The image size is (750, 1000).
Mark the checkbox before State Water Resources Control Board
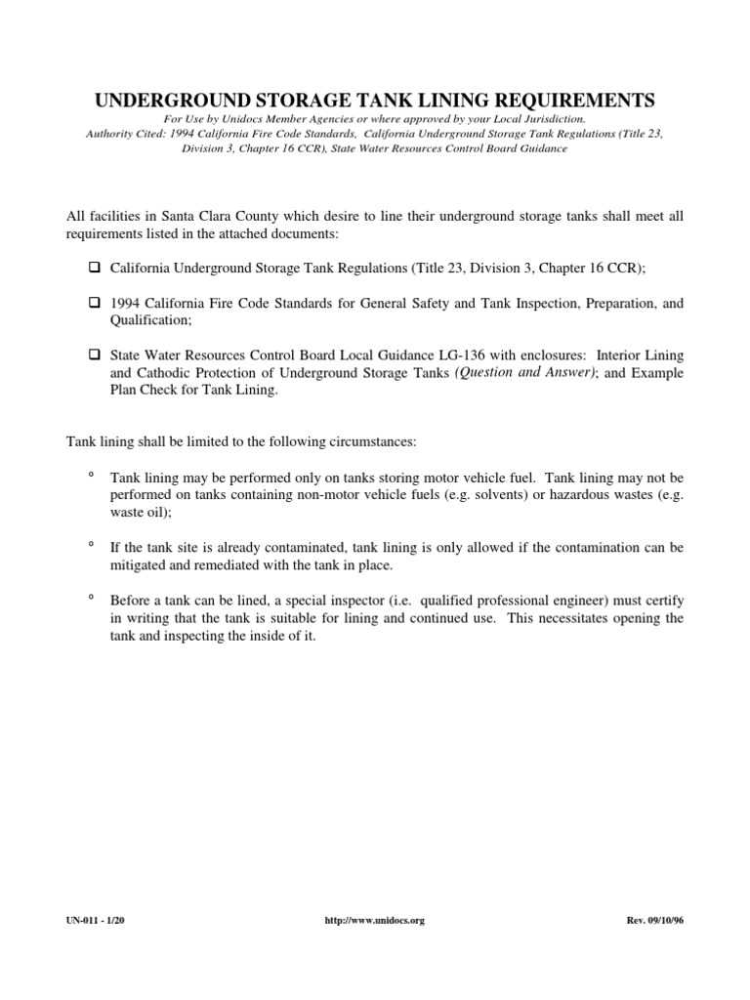tap(95, 354)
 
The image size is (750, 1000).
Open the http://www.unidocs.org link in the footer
tap(374, 920)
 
